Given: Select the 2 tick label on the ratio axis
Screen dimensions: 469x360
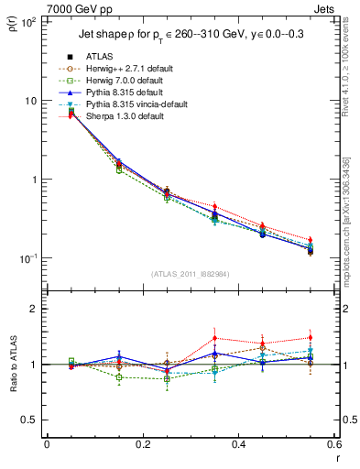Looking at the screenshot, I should click(x=34, y=309).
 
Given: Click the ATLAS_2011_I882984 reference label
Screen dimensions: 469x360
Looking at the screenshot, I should click(x=190, y=273).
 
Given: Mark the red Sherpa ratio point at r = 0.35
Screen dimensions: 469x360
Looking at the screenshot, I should click(x=214, y=338).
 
